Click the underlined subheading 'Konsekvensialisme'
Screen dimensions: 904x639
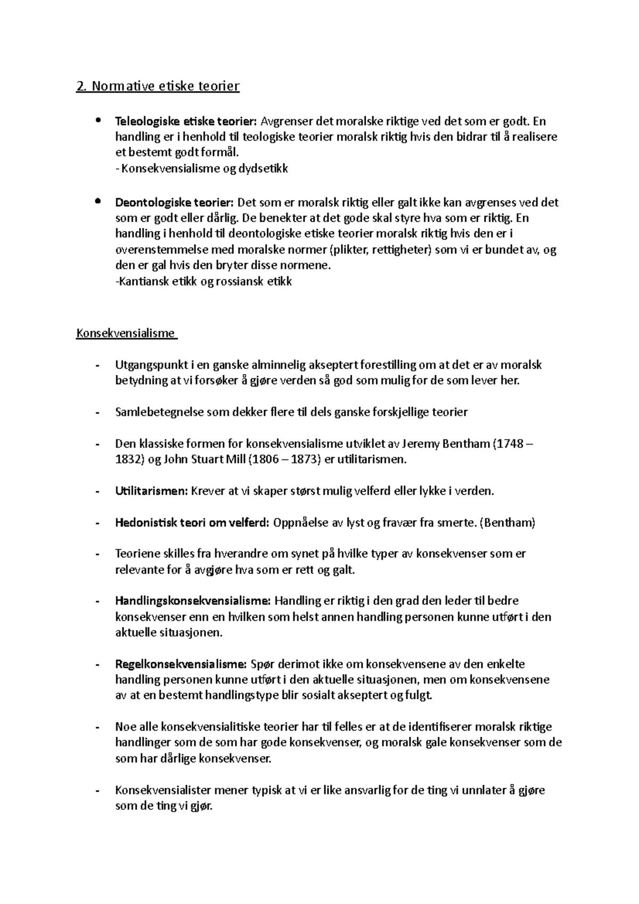click(x=126, y=333)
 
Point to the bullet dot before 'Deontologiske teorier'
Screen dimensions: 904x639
click(x=97, y=201)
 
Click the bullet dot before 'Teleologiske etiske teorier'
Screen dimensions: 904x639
click(x=97, y=120)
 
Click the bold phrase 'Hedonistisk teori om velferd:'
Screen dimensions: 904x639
click(x=192, y=522)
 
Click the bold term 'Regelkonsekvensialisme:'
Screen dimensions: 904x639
click(x=181, y=664)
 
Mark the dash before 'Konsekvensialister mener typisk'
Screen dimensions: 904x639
click(x=97, y=791)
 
